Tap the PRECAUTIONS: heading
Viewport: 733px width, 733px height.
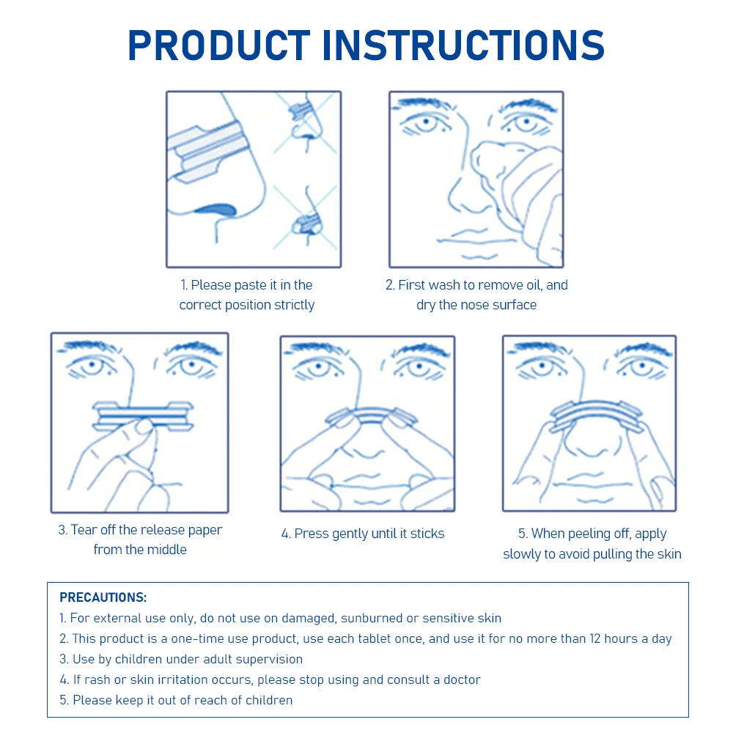(103, 597)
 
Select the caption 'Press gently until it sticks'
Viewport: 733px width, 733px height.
(363, 534)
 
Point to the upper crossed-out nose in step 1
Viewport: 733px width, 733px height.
(304, 119)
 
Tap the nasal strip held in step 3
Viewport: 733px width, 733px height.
(143, 415)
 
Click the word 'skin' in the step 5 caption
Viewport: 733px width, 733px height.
(667, 554)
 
